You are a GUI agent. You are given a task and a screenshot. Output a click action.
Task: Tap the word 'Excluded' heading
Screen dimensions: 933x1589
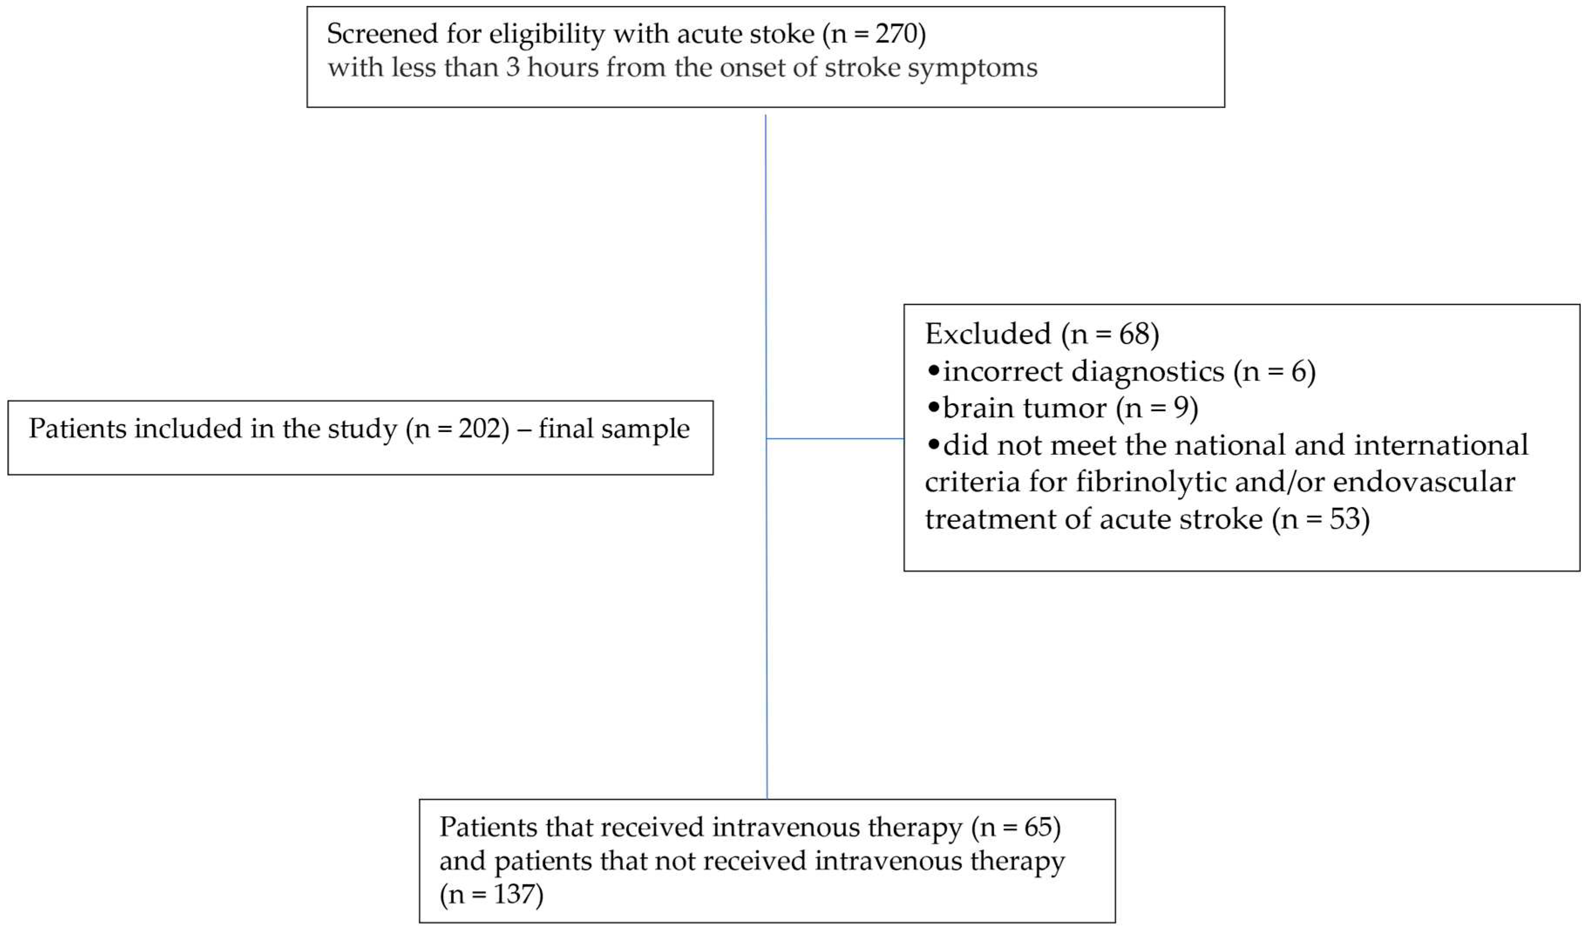pos(987,334)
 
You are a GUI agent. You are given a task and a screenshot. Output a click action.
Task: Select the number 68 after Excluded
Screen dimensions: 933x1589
pos(1135,334)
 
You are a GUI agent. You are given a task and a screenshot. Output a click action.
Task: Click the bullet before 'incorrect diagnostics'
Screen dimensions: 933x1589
pos(933,371)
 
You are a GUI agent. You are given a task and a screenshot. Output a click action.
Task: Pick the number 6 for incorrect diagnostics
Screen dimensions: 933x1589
pos(1299,372)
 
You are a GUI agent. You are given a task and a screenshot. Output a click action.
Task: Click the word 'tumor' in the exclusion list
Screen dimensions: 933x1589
pos(1069,409)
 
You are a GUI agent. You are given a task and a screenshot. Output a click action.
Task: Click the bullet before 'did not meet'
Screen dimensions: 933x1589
pos(933,445)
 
